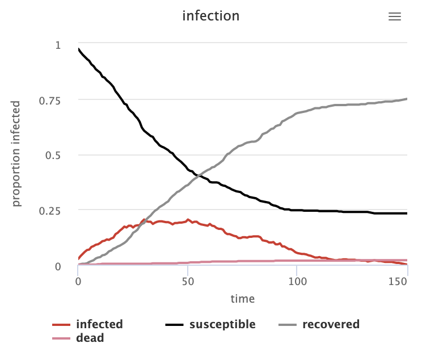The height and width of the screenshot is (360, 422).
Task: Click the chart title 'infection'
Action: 210,16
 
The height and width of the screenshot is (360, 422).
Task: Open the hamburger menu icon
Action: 394,16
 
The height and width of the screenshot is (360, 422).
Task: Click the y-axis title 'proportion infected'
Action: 16,154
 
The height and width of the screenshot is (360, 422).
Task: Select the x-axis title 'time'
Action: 242,299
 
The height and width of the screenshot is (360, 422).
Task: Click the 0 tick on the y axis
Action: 58,266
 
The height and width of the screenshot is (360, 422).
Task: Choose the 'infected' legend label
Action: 99,325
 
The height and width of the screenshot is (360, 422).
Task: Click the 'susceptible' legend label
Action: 222,325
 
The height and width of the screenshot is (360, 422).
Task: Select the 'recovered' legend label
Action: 331,325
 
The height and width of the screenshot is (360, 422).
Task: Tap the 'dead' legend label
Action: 90,338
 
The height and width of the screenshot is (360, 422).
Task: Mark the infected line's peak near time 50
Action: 188,220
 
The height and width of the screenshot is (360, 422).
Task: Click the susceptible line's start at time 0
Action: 78,49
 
